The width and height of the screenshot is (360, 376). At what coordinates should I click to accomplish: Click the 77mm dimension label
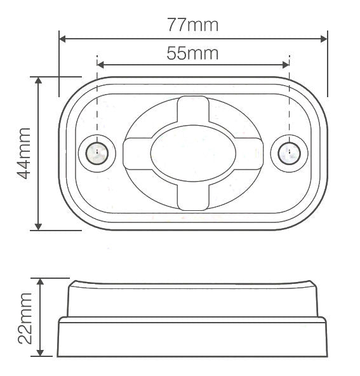coord(192,25)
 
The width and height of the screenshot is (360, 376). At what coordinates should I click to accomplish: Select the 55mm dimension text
coord(192,53)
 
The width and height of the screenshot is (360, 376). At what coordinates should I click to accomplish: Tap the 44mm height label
coord(23,153)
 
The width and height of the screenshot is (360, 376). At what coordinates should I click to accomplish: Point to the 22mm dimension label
coord(24,318)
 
